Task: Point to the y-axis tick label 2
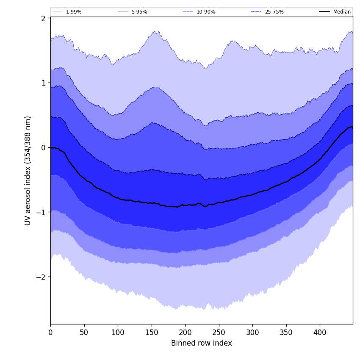click(43, 18)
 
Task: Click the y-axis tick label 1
click(43, 83)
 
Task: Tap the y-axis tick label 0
click(43, 148)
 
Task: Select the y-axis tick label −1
click(41, 212)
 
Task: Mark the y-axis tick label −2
click(41, 277)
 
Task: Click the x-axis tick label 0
click(50, 332)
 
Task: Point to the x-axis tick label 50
click(84, 332)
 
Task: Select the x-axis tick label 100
click(118, 332)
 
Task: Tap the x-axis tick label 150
click(151, 332)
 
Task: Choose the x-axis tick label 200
click(185, 332)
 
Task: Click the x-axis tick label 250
click(219, 332)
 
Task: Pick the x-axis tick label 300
click(252, 332)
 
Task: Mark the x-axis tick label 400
click(320, 332)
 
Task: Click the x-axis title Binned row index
click(201, 343)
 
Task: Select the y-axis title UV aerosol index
click(28, 171)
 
